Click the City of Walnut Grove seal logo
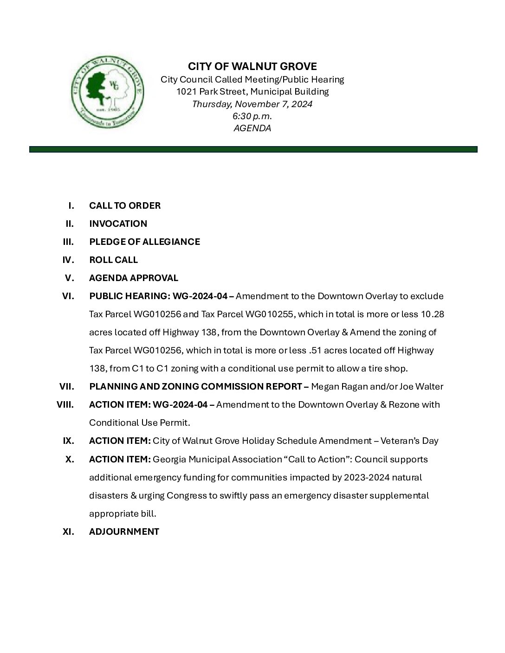pyautogui.click(x=107, y=92)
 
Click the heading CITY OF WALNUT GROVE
pyautogui.click(x=252, y=66)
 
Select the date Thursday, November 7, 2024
pyautogui.click(x=252, y=104)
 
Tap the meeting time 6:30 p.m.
pyautogui.click(x=252, y=116)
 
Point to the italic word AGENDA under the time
pyautogui.click(x=252, y=128)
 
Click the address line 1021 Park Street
pyautogui.click(x=252, y=92)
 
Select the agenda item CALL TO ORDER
pyautogui.click(x=125, y=205)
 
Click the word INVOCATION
pyautogui.click(x=118, y=224)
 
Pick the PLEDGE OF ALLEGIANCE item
pyautogui.click(x=144, y=242)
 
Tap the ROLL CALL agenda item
pyautogui.click(x=113, y=260)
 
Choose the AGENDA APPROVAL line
pyautogui.click(x=134, y=278)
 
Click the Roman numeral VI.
pyautogui.click(x=68, y=296)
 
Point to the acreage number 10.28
pyautogui.click(x=432, y=314)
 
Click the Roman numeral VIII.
pyautogui.click(x=65, y=404)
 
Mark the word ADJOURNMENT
pyautogui.click(x=124, y=531)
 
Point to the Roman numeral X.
pyautogui.click(x=70, y=459)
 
